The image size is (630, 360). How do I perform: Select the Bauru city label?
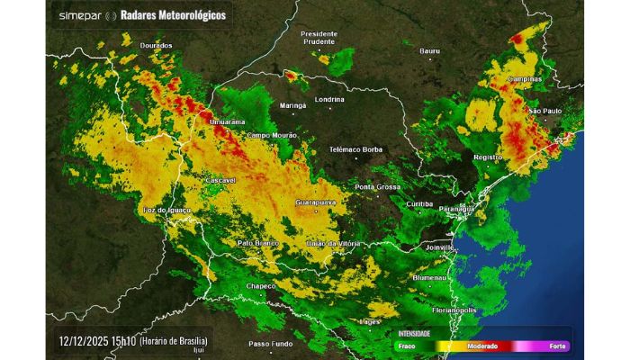pyautogui.click(x=430, y=51)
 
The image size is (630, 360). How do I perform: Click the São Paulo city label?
pyautogui.click(x=544, y=111)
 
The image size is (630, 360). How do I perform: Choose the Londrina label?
pyautogui.click(x=330, y=100)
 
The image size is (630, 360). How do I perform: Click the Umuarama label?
pyautogui.click(x=226, y=121)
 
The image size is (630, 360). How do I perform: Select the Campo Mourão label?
pyautogui.click(x=273, y=135)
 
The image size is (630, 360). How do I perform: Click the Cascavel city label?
pyautogui.click(x=220, y=180)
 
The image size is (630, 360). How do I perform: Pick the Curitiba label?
pyautogui.click(x=419, y=204)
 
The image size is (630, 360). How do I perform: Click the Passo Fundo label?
pyautogui.click(x=271, y=344)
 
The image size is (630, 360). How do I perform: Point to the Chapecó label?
pyautogui.click(x=262, y=286)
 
